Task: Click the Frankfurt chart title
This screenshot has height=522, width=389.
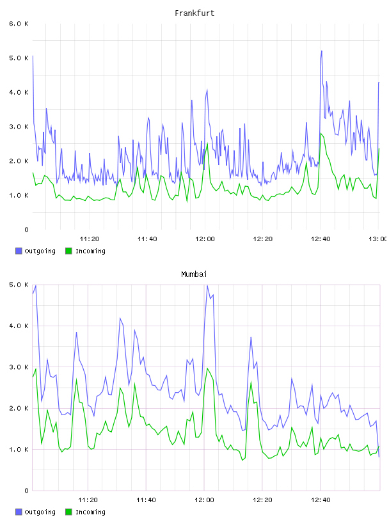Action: coord(194,13)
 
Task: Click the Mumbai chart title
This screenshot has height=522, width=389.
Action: coord(194,274)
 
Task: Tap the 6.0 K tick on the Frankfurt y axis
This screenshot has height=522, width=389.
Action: coord(19,24)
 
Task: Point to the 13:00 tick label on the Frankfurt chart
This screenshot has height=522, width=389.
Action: coord(378,239)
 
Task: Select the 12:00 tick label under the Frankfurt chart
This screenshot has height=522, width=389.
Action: coord(205,239)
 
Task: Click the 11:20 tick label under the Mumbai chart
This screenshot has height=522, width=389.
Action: coord(88,500)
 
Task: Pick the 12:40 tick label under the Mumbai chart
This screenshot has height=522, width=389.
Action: coord(321,500)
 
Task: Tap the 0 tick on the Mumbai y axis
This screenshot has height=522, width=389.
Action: coord(27,491)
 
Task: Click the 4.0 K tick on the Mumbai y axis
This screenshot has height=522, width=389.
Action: coord(19,326)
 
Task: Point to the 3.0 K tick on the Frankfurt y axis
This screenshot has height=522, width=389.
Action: coord(19,127)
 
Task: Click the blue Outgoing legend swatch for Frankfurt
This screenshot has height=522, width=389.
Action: coord(19,251)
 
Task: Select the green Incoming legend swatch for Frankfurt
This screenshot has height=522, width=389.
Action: coord(68,251)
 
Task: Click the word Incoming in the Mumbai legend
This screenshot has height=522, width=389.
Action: coord(90,512)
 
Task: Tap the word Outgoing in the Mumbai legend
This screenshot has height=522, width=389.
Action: coord(40,512)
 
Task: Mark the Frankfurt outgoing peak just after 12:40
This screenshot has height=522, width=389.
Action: coord(321,51)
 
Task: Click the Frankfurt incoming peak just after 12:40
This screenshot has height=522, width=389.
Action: coord(321,134)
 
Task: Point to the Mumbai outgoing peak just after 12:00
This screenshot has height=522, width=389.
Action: coord(207,285)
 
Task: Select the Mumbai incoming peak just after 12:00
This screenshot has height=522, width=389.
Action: coord(207,368)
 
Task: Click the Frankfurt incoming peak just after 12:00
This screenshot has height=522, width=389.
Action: coord(207,143)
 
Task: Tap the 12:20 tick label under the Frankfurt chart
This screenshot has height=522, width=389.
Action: coord(263,239)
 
